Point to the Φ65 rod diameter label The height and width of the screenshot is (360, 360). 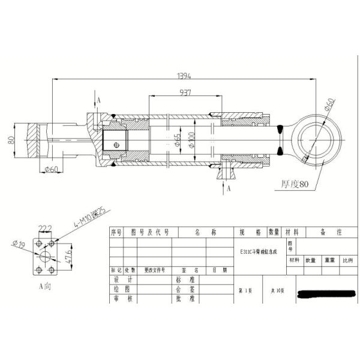coord(178,140)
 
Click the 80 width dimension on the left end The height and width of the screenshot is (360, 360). coord(10,140)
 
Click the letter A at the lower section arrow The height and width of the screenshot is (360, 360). coord(229,188)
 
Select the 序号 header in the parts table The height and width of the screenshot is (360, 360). coord(116,232)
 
